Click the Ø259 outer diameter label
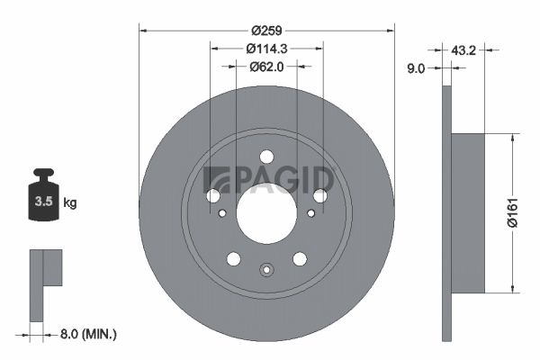pos(266,31)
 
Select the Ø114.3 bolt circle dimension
pos(266,49)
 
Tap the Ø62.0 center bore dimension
pos(266,67)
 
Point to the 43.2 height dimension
pos(463,50)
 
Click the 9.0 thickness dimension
pos(416,68)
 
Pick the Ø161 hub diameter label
pos(513,213)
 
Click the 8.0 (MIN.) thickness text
pos(88,334)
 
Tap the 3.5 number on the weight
pos(43,202)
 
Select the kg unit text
pos(70,202)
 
